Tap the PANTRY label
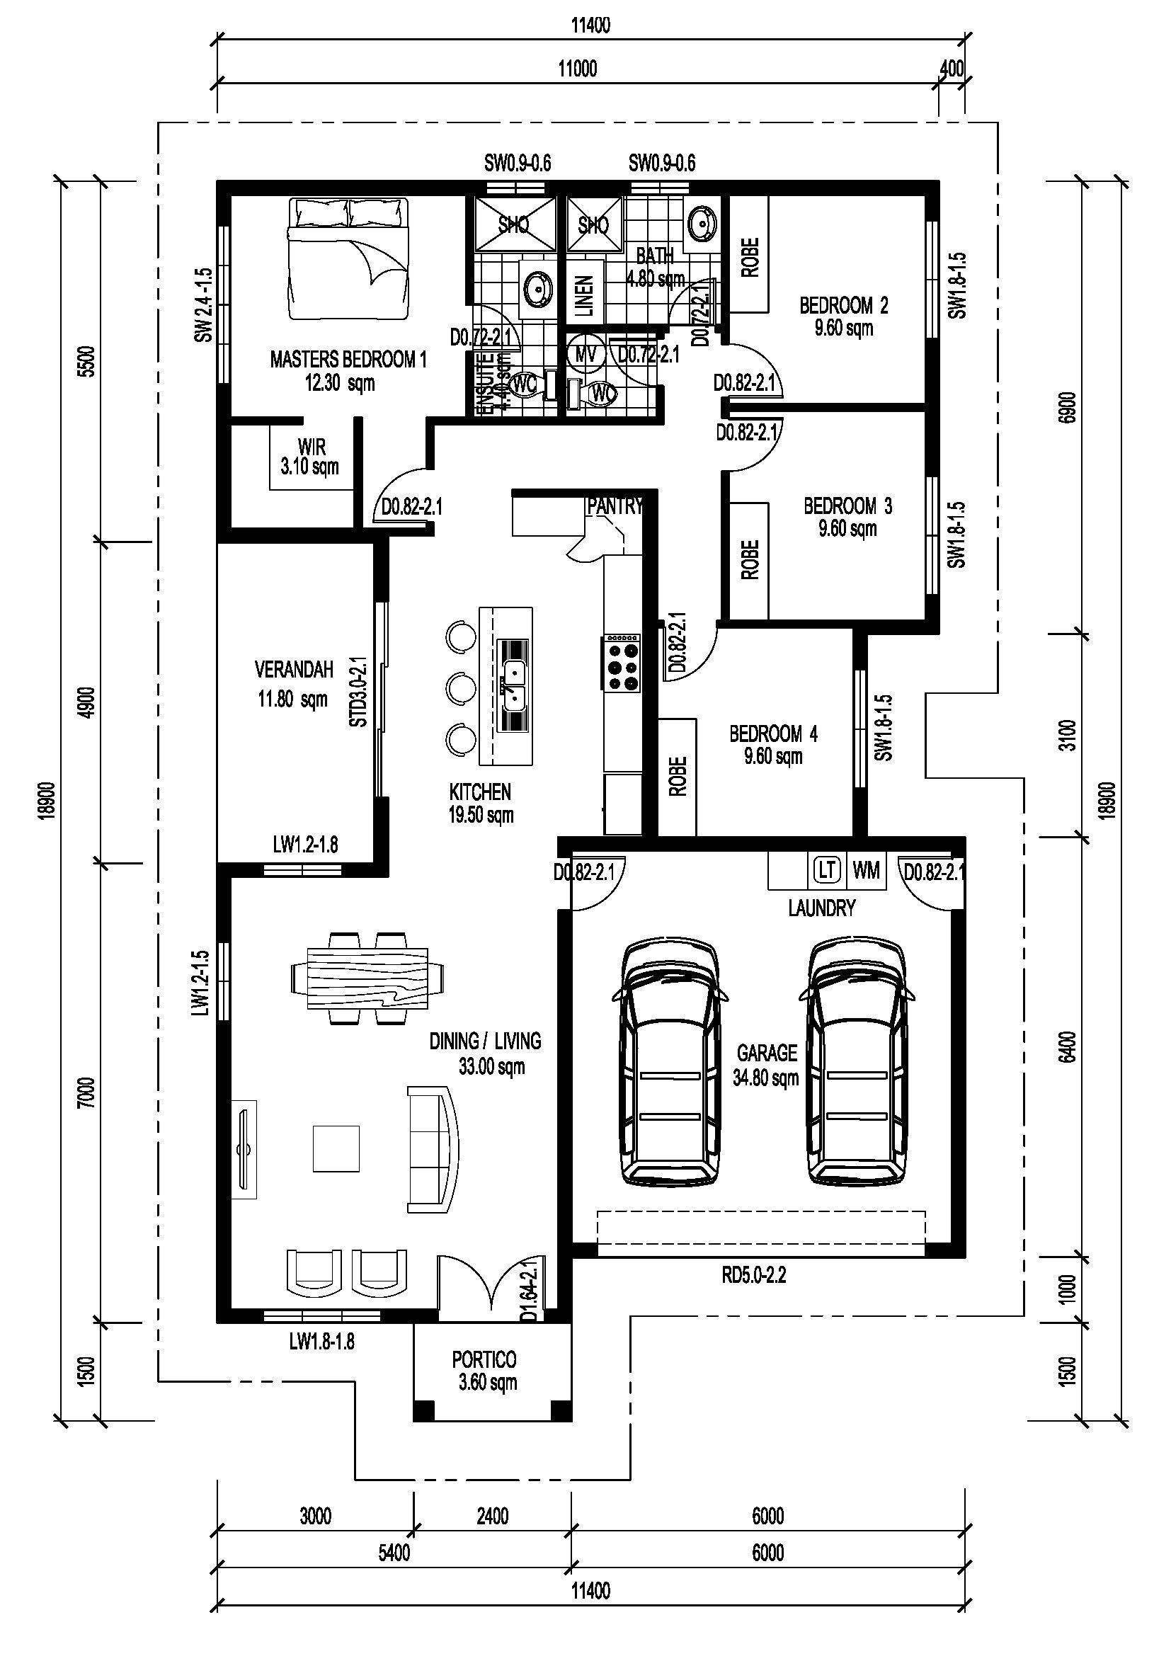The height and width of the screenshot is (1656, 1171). [615, 506]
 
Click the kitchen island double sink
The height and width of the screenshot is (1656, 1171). [513, 685]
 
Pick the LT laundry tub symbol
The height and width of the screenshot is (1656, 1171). [827, 871]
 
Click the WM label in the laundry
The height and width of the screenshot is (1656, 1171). [866, 871]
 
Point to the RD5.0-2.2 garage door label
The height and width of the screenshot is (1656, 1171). [753, 1275]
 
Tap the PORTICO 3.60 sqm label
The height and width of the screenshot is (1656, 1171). [485, 1371]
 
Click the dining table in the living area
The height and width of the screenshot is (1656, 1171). [367, 978]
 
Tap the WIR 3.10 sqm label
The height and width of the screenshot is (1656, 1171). [310, 457]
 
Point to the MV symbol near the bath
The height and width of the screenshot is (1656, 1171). [585, 354]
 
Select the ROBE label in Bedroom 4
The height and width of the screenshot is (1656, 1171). [677, 777]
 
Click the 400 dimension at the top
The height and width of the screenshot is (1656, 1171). [952, 69]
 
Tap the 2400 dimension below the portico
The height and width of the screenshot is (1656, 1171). [493, 1517]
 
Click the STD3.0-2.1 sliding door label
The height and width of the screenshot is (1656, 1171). [358, 691]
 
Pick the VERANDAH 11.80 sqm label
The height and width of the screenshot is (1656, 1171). [294, 684]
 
